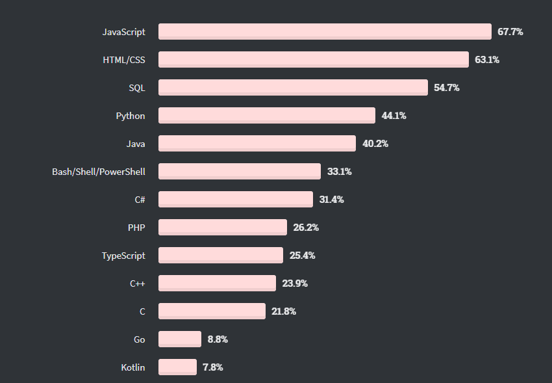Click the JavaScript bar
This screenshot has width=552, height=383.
325,31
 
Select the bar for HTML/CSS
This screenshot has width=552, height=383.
313,59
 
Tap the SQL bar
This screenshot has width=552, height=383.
293,87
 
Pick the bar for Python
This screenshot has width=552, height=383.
266,115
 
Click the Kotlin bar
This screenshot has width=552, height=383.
177,367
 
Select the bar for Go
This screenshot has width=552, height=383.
179,339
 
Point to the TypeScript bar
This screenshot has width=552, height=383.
220,255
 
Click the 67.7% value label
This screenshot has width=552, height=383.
510,31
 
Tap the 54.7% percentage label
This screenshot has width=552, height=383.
447,87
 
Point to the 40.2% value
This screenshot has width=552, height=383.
375,143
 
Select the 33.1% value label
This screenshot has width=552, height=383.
340,172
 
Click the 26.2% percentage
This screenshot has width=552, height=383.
306,228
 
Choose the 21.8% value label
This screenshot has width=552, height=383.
284,311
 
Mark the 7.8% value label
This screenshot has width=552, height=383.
213,367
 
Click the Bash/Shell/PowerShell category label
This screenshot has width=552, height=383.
99,172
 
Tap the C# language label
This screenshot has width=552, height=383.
140,200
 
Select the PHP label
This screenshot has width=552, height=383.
136,228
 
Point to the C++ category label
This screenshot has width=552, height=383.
138,284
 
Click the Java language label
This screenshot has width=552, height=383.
136,143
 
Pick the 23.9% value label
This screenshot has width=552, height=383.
295,284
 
